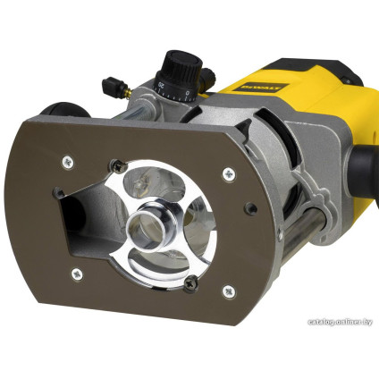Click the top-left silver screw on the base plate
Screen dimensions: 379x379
point(68,162)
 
